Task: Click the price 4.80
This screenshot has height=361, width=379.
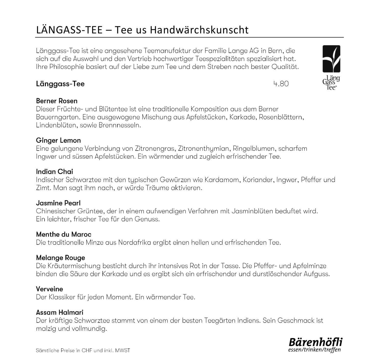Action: point(281,84)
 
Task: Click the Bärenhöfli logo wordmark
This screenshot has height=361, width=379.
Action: point(316,342)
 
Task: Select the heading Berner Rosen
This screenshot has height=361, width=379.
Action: point(57,101)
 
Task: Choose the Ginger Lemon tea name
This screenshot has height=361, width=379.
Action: point(58,140)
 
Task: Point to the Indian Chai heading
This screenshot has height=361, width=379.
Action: point(54,172)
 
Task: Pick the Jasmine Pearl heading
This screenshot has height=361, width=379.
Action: point(58,203)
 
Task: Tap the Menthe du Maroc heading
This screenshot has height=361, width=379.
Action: point(64,234)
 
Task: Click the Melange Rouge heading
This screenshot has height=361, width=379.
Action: point(61,258)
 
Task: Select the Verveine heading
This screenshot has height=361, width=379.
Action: point(49,289)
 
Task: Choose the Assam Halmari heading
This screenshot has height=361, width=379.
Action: point(60,312)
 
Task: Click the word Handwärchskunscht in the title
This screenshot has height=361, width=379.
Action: point(199,30)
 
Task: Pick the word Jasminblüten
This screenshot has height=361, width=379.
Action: point(255,211)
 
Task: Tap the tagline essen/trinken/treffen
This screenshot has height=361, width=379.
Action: point(314,350)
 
